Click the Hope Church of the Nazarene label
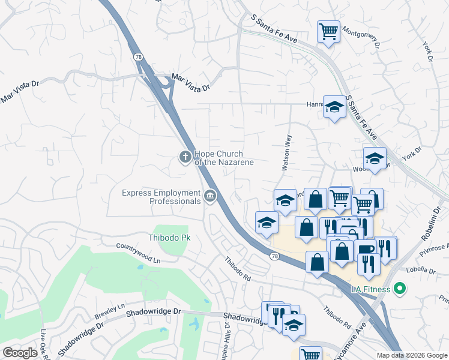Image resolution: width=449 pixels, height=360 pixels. [x=223, y=158]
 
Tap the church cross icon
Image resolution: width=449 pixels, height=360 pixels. [x=185, y=157]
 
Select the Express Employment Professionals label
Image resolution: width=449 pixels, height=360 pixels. [x=161, y=197]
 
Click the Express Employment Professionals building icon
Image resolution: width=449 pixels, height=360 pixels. [x=210, y=196]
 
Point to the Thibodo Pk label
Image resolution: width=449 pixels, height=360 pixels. [x=169, y=238]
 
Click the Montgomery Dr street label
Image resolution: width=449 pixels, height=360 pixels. [x=361, y=35]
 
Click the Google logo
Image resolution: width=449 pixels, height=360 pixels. [x=20, y=353]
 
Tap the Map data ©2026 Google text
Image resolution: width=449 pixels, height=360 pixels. [x=412, y=355]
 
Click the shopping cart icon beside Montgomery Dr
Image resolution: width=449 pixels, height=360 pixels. [x=328, y=31]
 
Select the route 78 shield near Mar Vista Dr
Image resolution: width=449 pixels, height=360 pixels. [x=139, y=56]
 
